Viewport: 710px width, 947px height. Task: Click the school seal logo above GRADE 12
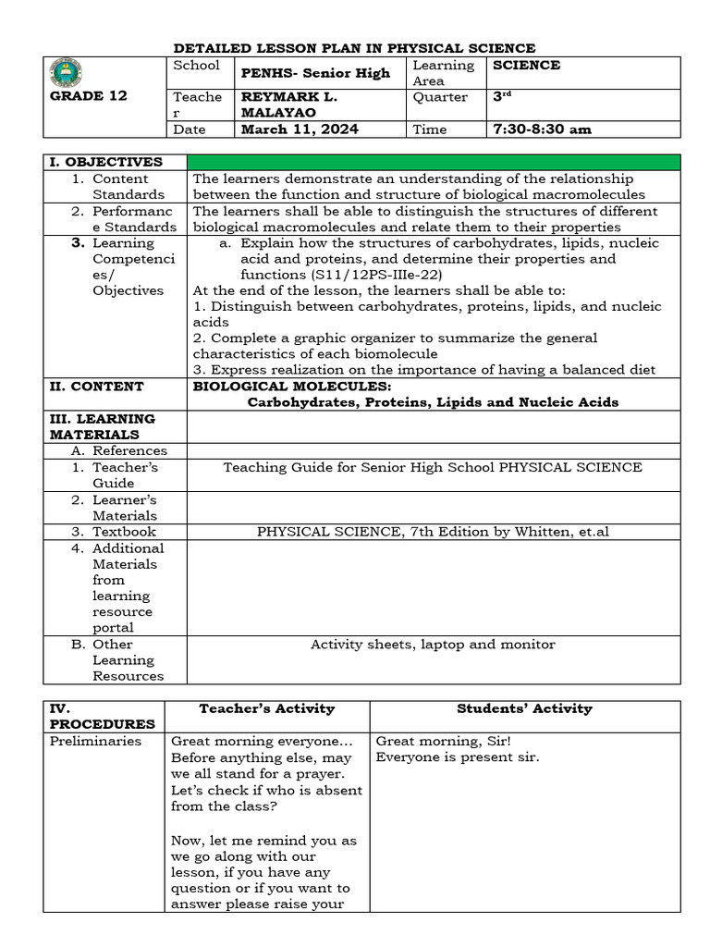coord(66,72)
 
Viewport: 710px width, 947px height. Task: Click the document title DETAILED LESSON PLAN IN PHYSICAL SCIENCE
coord(355,48)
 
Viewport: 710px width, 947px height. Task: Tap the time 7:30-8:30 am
coord(542,129)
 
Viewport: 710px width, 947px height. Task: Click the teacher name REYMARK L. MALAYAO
coord(288,105)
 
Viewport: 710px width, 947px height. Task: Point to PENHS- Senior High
coord(315,73)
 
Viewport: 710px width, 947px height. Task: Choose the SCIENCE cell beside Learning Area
coord(527,66)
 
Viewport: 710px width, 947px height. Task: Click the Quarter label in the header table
coord(440,97)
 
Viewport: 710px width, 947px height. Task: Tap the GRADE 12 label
coord(88,96)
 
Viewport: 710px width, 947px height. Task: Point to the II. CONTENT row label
coord(96,387)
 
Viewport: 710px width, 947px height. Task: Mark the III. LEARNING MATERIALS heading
coord(102,426)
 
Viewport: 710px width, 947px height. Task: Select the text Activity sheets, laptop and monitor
coord(433,644)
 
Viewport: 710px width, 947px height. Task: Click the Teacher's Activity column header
coord(267,709)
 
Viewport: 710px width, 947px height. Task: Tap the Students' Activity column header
coord(524,709)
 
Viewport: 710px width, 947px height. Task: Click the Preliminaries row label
coord(96,741)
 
